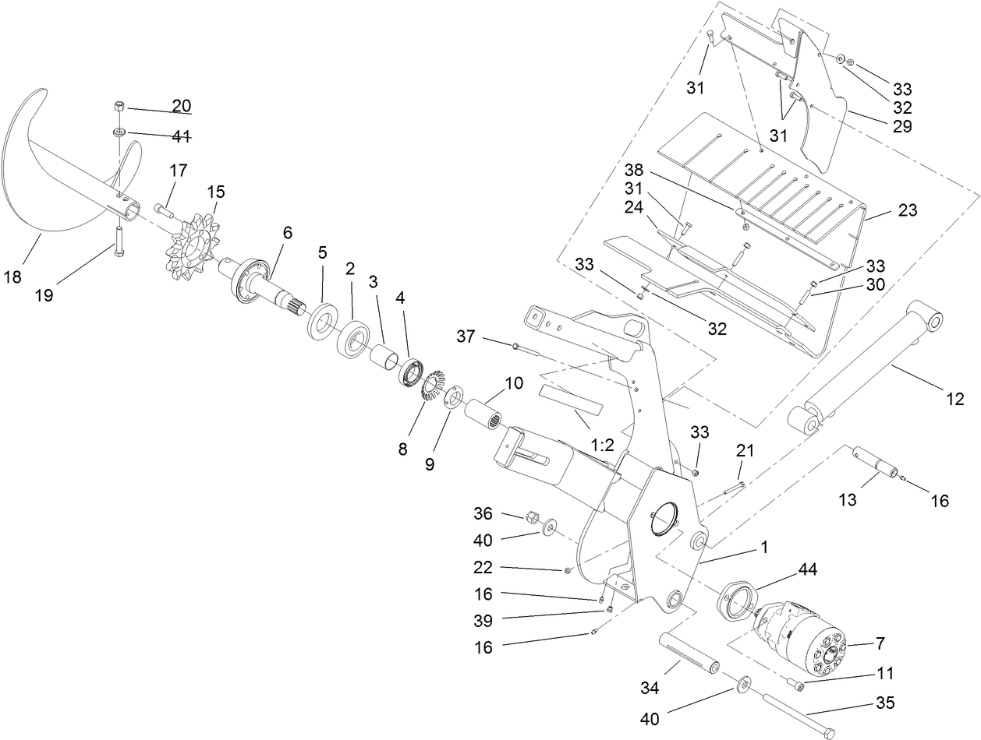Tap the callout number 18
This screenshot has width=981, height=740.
[15, 277]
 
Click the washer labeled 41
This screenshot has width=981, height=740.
[121, 132]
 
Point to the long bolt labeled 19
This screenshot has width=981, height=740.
[118, 242]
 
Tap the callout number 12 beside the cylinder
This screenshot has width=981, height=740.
[956, 400]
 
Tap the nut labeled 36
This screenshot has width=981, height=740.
[533, 516]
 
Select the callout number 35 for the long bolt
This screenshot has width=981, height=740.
[884, 703]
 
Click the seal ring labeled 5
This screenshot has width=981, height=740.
[322, 321]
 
